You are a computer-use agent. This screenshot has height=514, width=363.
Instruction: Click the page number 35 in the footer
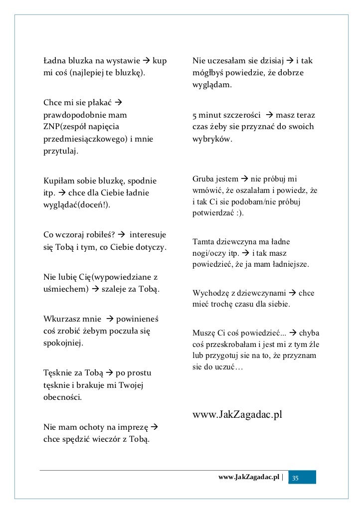(296, 478)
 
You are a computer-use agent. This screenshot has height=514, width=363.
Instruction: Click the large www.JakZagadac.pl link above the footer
(237, 415)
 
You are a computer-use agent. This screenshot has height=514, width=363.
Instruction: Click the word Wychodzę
(209, 293)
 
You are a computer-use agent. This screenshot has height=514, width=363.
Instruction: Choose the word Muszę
(202, 333)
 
